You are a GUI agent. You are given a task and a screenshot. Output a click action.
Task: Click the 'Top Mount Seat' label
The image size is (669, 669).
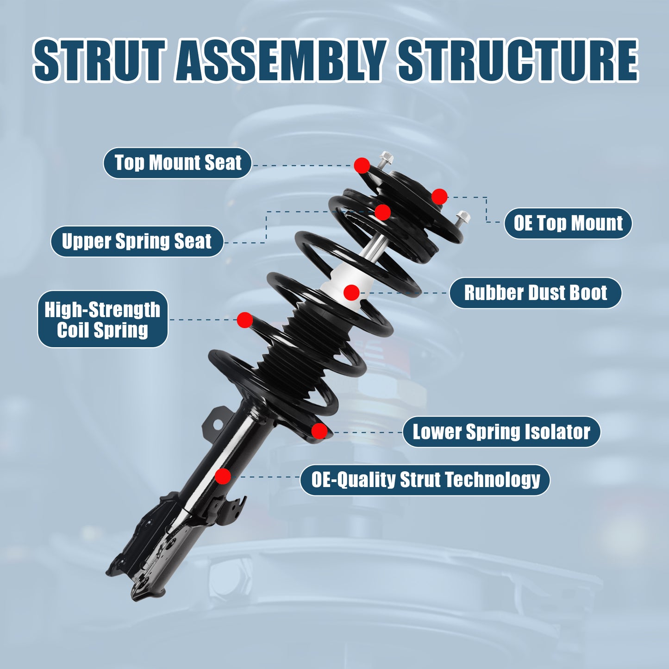(x=177, y=163)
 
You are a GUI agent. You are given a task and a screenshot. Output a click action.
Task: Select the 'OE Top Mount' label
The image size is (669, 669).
(x=568, y=223)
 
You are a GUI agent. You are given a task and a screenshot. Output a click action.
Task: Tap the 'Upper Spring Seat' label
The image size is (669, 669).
(x=137, y=241)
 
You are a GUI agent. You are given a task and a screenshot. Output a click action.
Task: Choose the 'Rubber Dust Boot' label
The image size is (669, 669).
(x=535, y=293)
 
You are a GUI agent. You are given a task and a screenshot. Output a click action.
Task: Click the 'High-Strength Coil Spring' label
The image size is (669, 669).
(x=102, y=319)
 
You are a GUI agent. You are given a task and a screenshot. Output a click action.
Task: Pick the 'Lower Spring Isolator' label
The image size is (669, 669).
(x=501, y=432)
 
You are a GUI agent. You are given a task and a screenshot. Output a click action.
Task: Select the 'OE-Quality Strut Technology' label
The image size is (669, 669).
(x=425, y=480)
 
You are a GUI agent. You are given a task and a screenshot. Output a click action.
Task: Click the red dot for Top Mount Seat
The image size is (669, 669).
(x=362, y=165)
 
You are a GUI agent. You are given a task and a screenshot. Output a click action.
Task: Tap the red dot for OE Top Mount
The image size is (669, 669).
(x=439, y=197)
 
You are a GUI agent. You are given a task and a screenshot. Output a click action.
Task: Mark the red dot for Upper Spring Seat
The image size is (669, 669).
(x=382, y=213)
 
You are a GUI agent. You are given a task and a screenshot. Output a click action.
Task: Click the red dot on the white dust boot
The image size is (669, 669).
(x=351, y=292)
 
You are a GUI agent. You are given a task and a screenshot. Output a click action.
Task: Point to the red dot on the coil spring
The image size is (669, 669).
(x=244, y=319)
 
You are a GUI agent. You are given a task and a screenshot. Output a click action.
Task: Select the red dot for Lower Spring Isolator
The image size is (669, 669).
(x=319, y=431)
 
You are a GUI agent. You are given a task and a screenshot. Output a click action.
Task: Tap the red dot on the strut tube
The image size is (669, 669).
(x=223, y=476)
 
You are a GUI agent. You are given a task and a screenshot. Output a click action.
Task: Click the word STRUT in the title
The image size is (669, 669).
(x=99, y=60)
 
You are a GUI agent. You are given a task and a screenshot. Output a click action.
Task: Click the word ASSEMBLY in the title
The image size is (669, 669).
(x=281, y=60)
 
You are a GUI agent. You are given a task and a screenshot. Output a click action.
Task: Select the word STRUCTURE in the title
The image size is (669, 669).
(x=518, y=60)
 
